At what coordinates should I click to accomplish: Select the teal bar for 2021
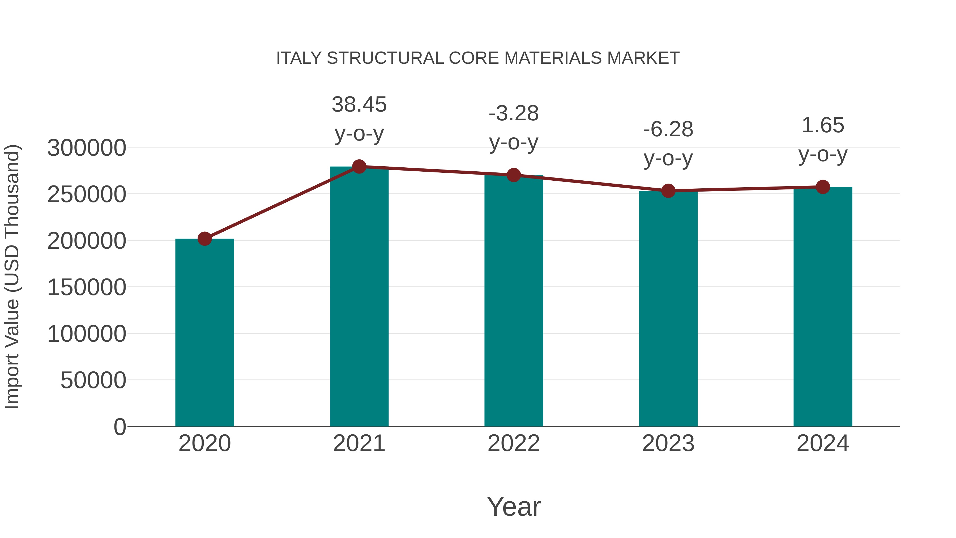click(x=359, y=297)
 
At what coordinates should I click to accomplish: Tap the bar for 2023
click(x=668, y=308)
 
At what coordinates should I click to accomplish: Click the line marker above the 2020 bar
click(x=204, y=239)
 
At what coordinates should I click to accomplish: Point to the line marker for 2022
click(x=514, y=175)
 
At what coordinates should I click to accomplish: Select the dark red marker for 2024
click(x=823, y=187)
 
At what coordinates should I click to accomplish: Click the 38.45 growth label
click(x=359, y=104)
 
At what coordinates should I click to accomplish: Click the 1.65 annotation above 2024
click(x=823, y=125)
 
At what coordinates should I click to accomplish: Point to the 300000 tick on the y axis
click(x=87, y=148)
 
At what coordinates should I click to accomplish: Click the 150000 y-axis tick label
click(x=87, y=287)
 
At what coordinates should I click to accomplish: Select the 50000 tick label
click(x=93, y=380)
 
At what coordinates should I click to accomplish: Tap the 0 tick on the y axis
click(x=119, y=427)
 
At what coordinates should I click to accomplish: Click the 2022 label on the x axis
click(x=514, y=443)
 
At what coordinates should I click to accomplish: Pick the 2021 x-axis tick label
click(x=359, y=443)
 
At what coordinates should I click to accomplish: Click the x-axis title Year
click(x=514, y=506)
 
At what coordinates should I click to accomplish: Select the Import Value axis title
click(x=12, y=277)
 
